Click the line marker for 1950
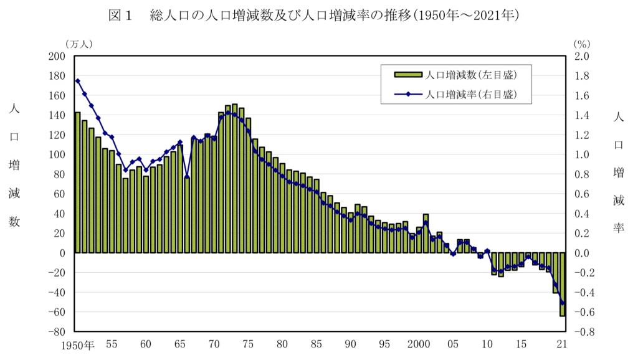[78, 80]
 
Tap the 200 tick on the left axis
[57, 56]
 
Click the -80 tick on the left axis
[57, 331]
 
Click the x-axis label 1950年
[78, 344]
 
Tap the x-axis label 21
[561, 344]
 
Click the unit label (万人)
[79, 44]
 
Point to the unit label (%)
[581, 44]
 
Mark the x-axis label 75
[248, 344]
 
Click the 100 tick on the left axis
[57, 154]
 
